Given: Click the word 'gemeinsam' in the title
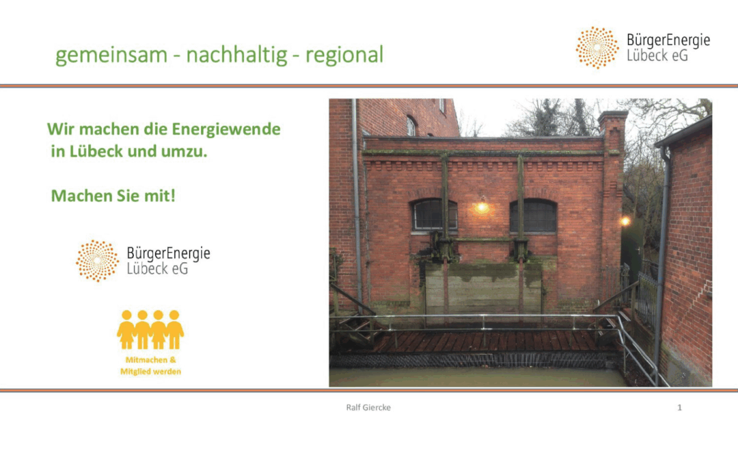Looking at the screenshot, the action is pos(111,55).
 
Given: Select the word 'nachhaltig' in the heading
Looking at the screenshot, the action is pos(236,55).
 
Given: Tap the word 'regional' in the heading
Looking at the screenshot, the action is pos(344,55).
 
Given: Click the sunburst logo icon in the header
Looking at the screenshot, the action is pos(597,48).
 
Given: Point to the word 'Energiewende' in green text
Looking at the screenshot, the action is pos(226,129).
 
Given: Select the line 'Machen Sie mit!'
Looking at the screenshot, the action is pos(113,196).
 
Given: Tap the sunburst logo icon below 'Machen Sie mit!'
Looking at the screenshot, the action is pos(98,261).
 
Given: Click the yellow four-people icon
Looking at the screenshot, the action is pos(150,329).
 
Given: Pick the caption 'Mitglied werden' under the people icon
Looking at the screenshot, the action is pos(150,372).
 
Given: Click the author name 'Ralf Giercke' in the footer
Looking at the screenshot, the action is pos(368,408).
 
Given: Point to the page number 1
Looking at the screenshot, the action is pos(679,408).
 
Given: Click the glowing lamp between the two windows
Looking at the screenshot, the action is pos(482,207).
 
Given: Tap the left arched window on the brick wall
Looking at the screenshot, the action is pos(434,216).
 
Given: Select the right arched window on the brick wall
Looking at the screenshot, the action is pos(534,216).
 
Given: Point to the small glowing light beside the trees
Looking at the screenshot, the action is pos(625,220).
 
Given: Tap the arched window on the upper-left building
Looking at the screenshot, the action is pos(411,126).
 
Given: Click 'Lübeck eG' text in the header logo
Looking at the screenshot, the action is pos(657,55).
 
